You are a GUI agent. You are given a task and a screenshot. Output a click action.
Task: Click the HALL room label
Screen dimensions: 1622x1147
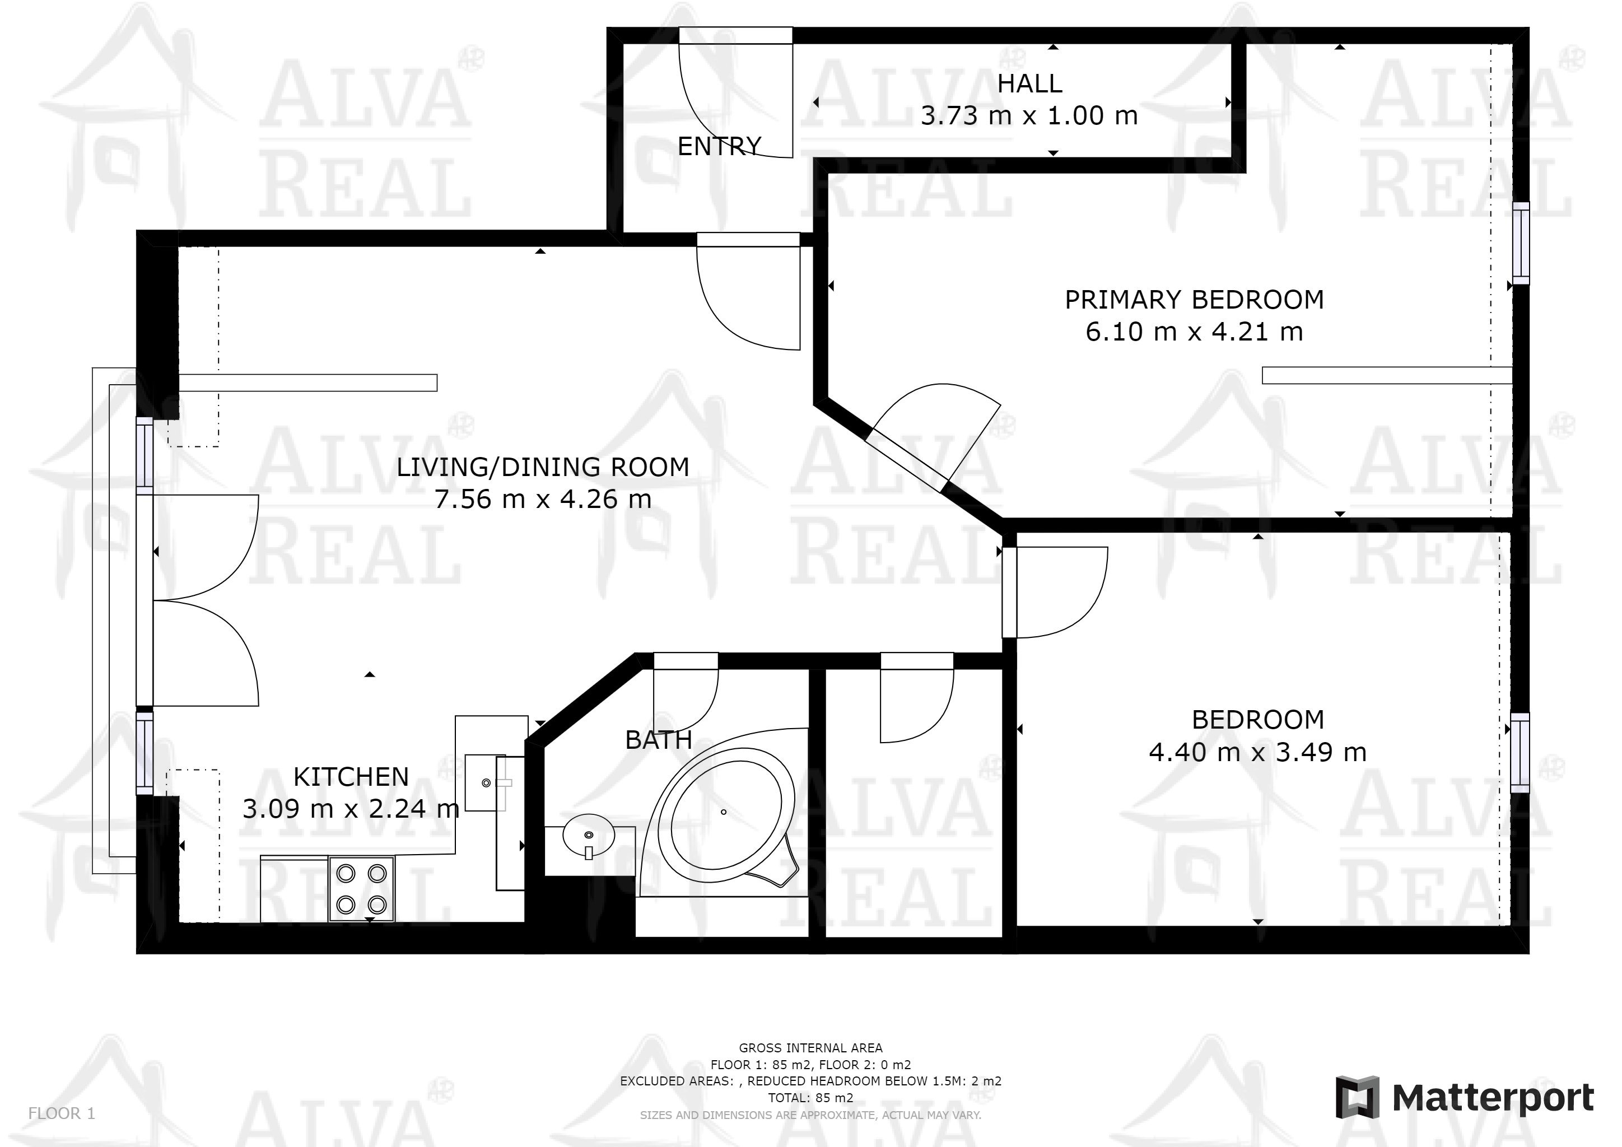pos(1029,83)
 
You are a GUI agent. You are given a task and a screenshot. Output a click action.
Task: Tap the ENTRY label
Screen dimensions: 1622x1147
pos(719,146)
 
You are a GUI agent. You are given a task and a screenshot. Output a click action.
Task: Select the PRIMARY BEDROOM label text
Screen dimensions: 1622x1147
pos(1194,300)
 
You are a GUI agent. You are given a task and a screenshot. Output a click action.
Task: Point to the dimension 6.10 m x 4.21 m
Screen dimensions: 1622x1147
pos(1194,331)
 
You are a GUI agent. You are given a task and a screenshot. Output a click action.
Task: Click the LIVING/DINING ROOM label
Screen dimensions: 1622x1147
pos(543,467)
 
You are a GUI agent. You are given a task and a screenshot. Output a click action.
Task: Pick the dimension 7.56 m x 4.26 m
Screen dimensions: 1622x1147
pos(543,500)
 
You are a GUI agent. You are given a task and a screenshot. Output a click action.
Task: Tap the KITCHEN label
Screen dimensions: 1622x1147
pos(351,777)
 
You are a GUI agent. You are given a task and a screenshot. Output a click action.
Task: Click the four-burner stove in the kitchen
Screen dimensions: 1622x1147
pos(362,888)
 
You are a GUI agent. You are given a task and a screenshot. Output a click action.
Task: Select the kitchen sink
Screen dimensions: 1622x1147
pos(486,782)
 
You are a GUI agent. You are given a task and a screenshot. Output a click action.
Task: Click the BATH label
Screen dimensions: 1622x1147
pos(659,739)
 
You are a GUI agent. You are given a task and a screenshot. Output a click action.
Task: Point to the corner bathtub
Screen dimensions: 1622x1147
pos(724,812)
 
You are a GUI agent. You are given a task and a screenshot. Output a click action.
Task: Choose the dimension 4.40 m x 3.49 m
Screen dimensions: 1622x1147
pos(1257,752)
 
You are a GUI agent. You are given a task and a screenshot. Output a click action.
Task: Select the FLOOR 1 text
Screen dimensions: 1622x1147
pos(62,1113)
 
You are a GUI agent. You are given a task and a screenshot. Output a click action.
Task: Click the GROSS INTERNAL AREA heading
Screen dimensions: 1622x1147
pos(810,1048)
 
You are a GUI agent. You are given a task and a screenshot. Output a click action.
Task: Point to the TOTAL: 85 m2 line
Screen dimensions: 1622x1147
pos(810,1098)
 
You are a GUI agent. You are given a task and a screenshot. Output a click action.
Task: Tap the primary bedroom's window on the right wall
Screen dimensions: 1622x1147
pos(1520,243)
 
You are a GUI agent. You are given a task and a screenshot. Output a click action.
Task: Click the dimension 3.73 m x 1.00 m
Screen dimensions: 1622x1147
pos(1029,115)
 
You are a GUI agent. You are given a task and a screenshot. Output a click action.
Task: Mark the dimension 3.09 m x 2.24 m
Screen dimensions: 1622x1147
pos(351,809)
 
